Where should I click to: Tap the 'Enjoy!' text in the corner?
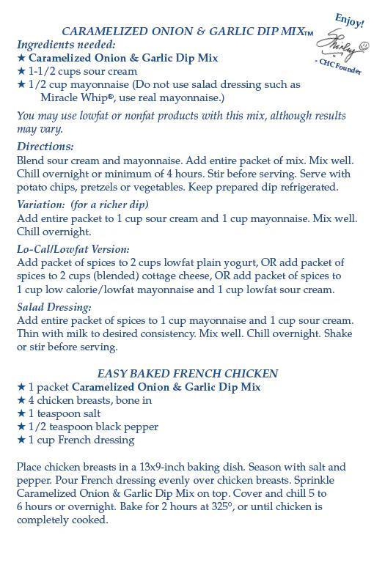click(349, 20)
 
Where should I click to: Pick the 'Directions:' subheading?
click(45, 147)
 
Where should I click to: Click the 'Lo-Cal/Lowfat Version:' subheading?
click(73, 249)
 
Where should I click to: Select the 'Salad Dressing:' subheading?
click(54, 307)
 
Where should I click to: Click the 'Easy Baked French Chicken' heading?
click(187, 373)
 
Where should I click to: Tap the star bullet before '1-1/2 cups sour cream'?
click(21, 71)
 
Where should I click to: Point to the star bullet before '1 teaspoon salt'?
click(21, 413)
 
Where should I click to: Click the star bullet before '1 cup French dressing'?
click(21, 440)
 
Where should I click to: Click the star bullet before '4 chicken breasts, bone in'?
click(21, 400)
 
